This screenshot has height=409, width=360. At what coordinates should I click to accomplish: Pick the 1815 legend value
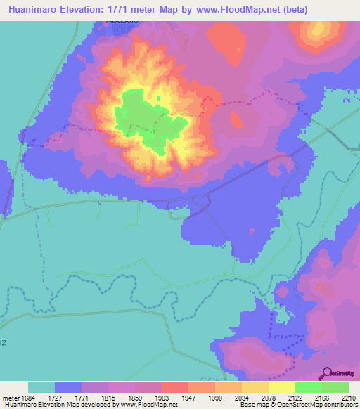click(109, 397)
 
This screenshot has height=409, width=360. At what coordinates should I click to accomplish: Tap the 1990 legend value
click(215, 397)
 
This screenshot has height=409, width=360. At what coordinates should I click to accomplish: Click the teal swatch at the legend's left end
click(41, 387)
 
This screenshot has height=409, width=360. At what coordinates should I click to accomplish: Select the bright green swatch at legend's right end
click(335, 387)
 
